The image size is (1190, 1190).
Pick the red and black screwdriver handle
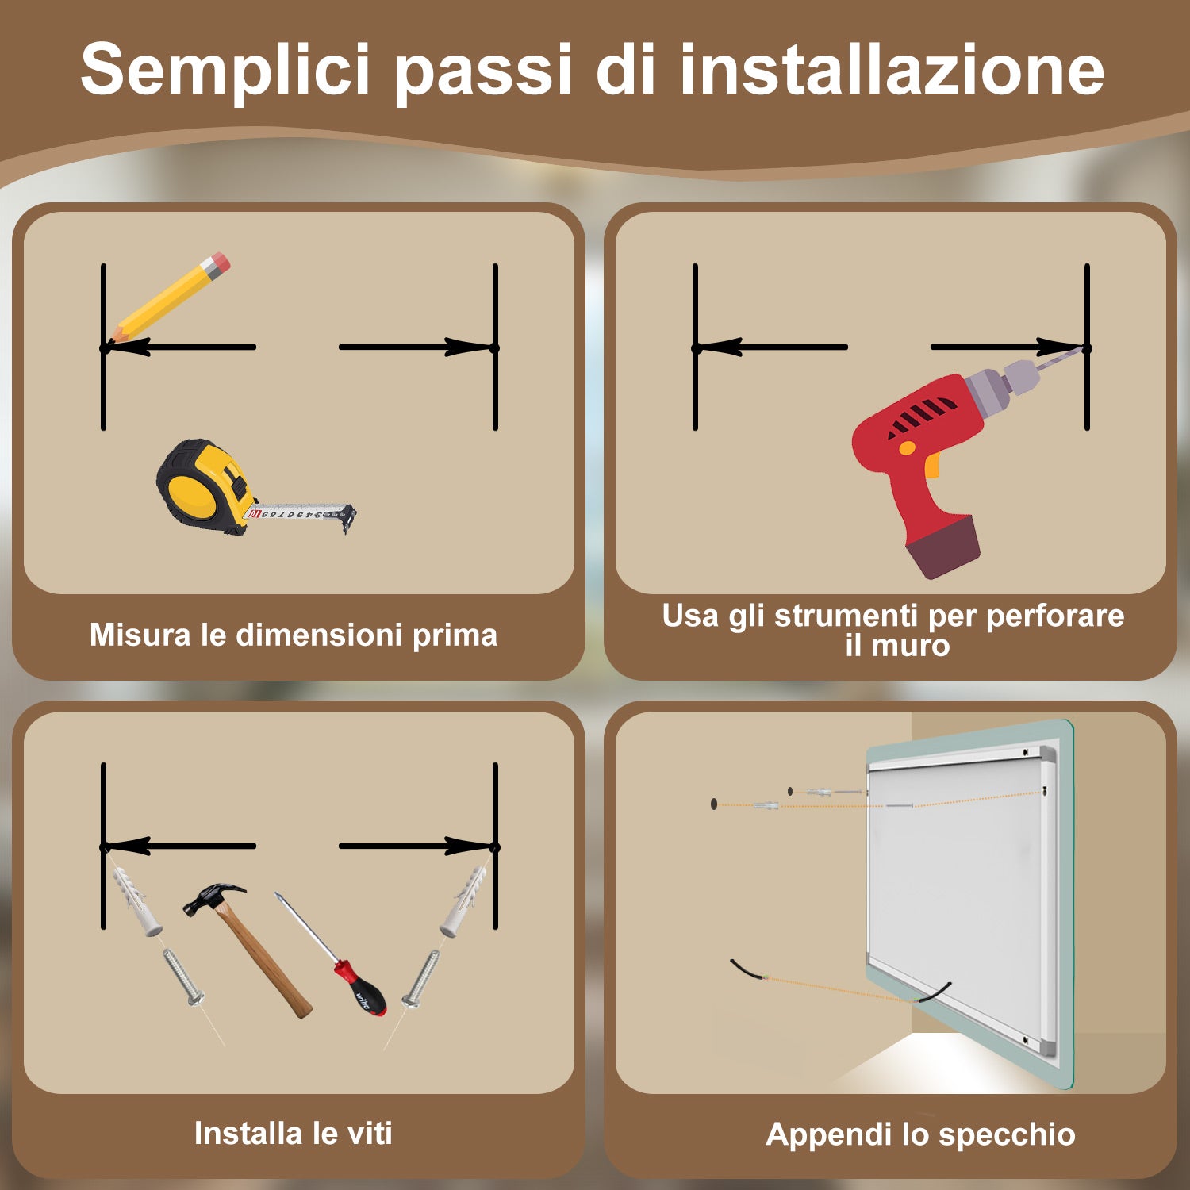click(x=361, y=988)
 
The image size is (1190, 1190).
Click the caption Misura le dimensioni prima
click(x=294, y=635)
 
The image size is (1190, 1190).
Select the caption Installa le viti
click(x=294, y=1133)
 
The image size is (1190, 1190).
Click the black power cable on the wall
click(x=745, y=969)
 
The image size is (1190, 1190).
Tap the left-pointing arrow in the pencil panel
click(x=182, y=347)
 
